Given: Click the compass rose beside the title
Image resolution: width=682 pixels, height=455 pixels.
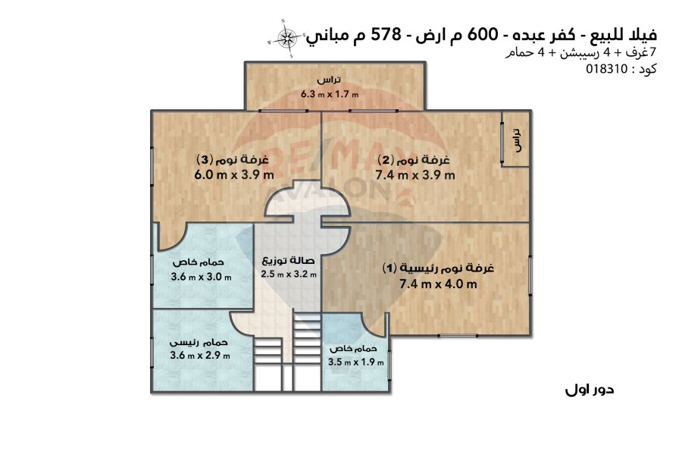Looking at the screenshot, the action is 286,38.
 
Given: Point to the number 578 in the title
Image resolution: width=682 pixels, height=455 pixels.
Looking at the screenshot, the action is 386,34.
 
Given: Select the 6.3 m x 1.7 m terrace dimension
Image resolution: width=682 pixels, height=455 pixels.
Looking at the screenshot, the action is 330,93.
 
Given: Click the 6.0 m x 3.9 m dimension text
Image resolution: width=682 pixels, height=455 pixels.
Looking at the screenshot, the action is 234,175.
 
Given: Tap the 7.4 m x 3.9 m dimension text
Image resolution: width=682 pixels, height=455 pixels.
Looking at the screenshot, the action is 415,175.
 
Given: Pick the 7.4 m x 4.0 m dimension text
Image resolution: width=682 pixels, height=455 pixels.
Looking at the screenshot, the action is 438,284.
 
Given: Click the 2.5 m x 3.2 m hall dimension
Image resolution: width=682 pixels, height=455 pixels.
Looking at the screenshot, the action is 289,275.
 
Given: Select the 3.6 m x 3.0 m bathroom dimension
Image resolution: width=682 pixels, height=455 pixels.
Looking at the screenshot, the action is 201,277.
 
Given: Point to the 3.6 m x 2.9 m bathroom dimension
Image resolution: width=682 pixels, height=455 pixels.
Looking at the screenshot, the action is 200,356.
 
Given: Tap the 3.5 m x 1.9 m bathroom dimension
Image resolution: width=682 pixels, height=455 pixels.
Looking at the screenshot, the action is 356,362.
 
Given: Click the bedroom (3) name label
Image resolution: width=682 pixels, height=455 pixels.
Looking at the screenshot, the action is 233,159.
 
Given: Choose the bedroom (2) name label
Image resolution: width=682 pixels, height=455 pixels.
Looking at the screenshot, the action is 414,159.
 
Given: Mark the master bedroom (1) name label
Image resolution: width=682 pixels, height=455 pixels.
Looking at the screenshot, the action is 439,268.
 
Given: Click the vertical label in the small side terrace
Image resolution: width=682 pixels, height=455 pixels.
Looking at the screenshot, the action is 516,140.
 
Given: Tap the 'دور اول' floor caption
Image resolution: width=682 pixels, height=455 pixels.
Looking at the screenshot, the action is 590,389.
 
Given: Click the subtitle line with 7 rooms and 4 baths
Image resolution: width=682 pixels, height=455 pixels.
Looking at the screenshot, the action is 580,52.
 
